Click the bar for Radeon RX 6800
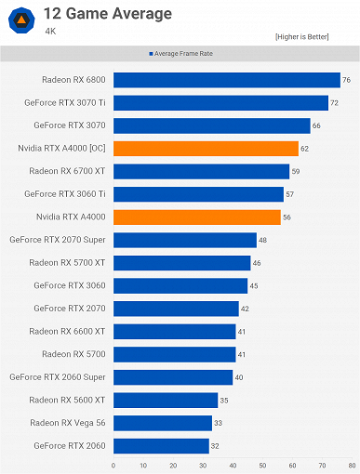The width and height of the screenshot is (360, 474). coord(226,80)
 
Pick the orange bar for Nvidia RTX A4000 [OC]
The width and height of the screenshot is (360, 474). coord(206,148)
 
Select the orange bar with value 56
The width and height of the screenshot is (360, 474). coord(196,217)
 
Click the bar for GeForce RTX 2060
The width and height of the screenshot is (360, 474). coord(161,445)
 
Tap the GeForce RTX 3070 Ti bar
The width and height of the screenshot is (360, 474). coord(220,102)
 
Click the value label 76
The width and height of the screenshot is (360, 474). coord(346,80)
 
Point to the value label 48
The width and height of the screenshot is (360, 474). coord(263,240)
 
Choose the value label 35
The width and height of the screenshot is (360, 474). coord(224,400)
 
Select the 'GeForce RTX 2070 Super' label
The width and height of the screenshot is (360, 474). coord(58,240)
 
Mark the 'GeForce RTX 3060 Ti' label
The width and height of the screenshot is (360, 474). coord(65,193)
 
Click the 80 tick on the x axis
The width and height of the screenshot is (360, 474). coord(352,464)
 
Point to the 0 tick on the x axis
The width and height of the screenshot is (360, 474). coord(113,464)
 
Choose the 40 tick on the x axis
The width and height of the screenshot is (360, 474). coord(233,464)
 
